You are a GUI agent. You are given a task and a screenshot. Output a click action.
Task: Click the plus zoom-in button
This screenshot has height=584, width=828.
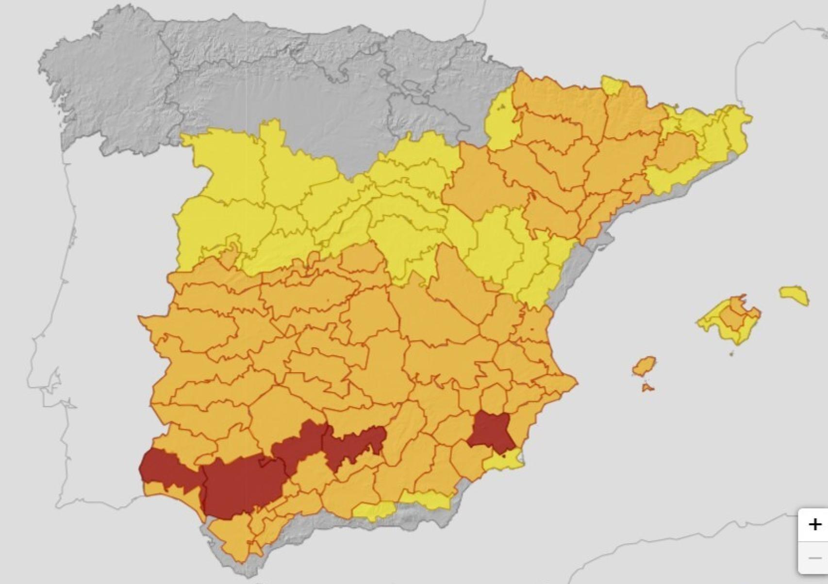[815, 524]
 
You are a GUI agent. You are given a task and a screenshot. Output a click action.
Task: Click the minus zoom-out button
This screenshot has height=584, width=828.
[815, 558]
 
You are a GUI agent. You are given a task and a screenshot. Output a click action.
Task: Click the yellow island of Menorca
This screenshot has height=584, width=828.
[794, 294]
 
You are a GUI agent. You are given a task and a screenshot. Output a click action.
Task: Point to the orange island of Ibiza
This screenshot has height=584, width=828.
[644, 366]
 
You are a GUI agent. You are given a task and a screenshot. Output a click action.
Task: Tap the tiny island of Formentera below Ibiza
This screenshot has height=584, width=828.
[647, 388]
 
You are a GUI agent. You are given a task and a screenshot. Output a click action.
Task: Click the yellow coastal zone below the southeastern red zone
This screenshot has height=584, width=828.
[505, 460]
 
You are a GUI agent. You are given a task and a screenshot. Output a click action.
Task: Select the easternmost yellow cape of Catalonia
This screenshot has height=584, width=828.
[740, 119]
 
